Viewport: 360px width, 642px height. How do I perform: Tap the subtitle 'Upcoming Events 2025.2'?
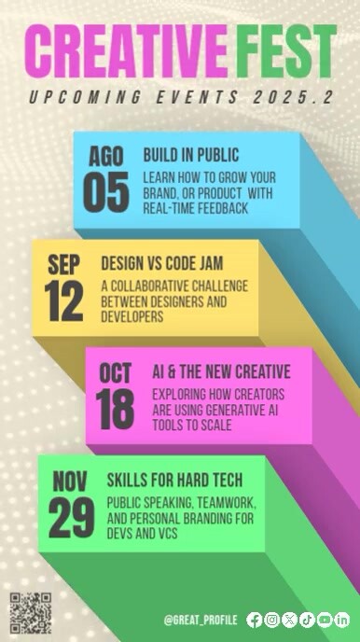tap(180, 97)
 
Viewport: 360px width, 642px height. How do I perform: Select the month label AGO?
tap(105, 156)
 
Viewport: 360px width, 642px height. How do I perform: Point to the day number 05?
tap(105, 191)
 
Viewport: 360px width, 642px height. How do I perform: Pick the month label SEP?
tap(63, 266)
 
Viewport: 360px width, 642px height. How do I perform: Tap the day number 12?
tap(63, 302)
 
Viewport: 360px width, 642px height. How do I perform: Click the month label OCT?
tap(116, 373)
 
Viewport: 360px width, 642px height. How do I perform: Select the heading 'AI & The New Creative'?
tap(221, 371)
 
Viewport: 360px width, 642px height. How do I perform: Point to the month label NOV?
tap(70, 481)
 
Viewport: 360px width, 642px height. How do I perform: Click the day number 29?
tap(71, 519)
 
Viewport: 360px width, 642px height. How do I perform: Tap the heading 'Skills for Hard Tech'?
tap(175, 481)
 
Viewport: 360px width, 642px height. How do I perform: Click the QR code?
tap(30, 612)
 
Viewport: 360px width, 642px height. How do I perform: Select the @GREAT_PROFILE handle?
tap(200, 620)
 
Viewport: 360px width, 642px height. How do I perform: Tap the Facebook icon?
tap(255, 620)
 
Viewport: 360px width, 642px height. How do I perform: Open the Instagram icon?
tap(271, 620)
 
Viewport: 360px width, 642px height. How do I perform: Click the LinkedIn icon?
tap(342, 620)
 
